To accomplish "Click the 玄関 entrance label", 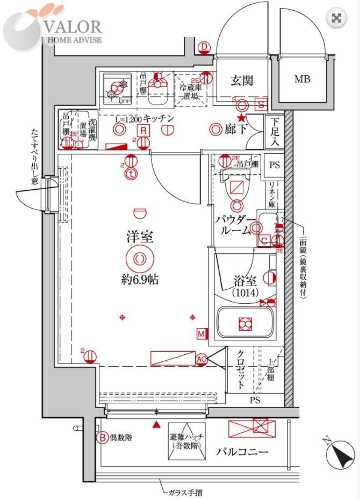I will [242, 81].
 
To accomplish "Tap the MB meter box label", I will [302, 80].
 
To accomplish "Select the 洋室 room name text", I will [139, 236].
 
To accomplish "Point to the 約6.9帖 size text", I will [139, 280].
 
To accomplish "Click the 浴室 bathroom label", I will [246, 281].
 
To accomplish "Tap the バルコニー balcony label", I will [242, 452].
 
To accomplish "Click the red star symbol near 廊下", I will [242, 118].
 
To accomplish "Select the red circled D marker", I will [204, 48].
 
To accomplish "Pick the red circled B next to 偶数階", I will [102, 438].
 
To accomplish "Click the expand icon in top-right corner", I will [336, 18].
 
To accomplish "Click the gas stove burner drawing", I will [117, 89].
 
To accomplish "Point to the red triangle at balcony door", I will [156, 425].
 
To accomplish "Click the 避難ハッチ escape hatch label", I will [186, 441].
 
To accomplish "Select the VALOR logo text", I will [74, 26].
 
